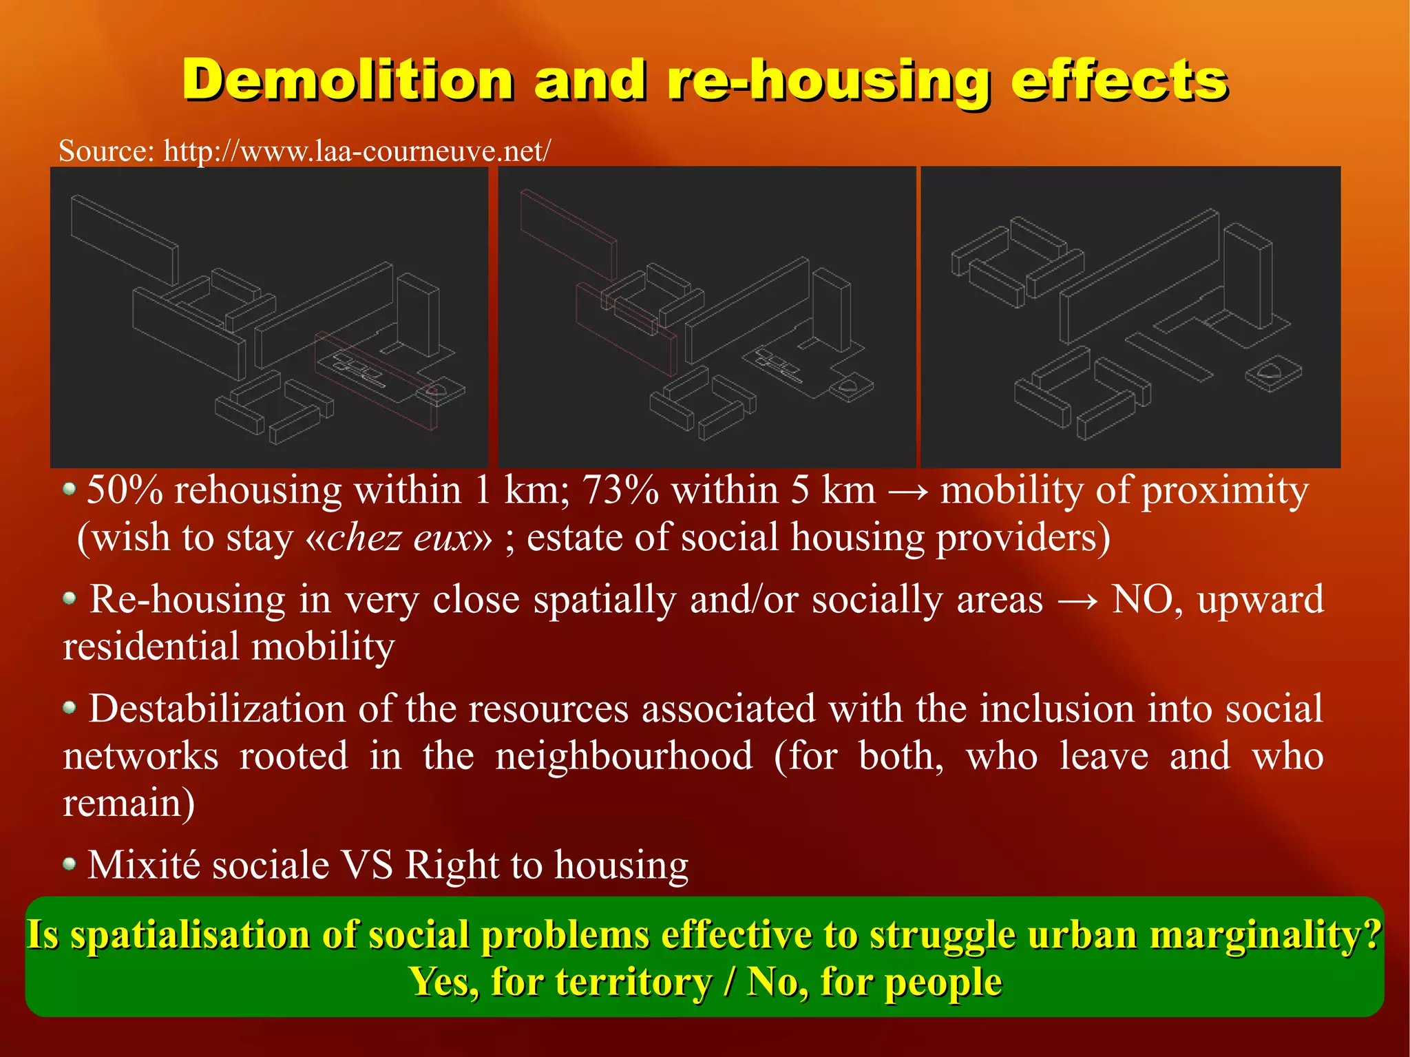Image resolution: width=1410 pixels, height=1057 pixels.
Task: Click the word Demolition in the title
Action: (x=348, y=81)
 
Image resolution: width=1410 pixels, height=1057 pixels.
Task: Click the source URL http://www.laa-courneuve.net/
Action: (x=357, y=151)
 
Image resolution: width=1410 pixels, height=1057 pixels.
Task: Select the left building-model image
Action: (x=269, y=317)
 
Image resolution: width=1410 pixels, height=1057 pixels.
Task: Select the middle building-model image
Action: (x=706, y=317)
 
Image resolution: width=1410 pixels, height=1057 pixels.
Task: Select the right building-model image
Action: (x=1130, y=317)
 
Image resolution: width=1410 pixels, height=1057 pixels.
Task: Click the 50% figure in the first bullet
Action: (x=125, y=491)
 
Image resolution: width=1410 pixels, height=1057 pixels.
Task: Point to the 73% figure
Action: (x=620, y=491)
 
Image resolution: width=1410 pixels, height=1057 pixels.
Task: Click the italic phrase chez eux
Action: (x=399, y=538)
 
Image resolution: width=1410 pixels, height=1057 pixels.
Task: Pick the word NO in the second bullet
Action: (x=1145, y=600)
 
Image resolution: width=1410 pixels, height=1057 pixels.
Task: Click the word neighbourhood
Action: (x=624, y=756)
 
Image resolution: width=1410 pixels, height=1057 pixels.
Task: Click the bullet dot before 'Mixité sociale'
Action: (x=70, y=864)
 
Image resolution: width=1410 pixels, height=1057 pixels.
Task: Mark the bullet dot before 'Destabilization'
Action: (x=70, y=707)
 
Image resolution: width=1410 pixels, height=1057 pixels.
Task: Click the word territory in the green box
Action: (x=634, y=982)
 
